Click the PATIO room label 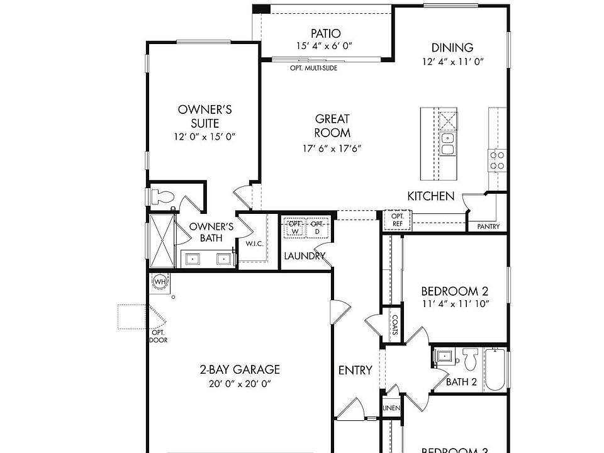(x=326, y=33)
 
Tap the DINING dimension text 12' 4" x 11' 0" (x=452, y=62)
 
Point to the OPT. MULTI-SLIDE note (x=313, y=68)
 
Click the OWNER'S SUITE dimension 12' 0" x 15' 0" (x=204, y=137)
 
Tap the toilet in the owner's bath (x=162, y=196)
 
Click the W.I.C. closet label (x=254, y=243)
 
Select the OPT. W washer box (x=294, y=227)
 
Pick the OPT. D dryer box (x=318, y=227)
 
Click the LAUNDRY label (x=305, y=256)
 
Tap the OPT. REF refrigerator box (x=398, y=220)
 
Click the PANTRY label (x=488, y=226)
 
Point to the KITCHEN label (x=430, y=196)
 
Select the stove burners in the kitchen (x=497, y=160)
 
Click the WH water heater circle (x=160, y=281)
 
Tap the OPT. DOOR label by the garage (x=157, y=336)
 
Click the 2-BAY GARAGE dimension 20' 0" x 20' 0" (x=240, y=384)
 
